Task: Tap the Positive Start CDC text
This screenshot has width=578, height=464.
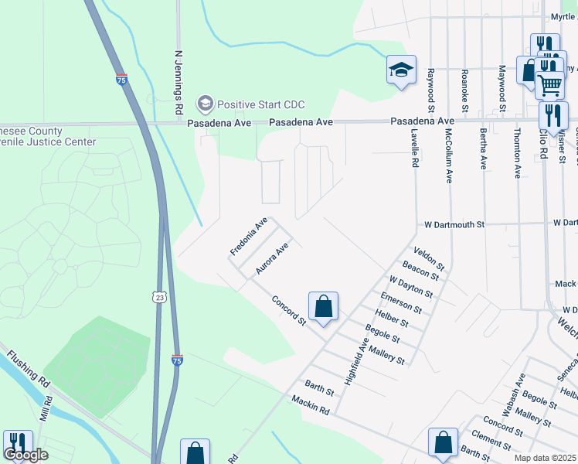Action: [260, 104]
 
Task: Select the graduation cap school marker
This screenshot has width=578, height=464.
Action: [401, 70]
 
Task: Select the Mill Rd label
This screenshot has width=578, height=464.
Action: [47, 409]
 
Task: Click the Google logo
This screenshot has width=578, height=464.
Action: [25, 455]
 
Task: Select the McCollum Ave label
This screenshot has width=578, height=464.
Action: [448, 155]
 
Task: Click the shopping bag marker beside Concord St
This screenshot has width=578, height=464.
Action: [323, 306]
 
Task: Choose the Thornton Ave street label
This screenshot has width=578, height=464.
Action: [516, 154]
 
